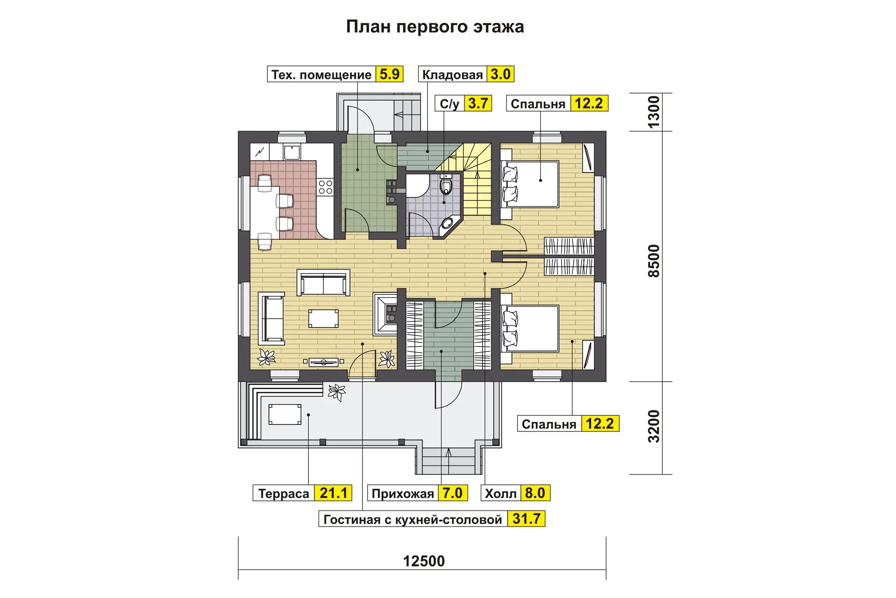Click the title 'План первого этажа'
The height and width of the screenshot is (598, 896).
[435, 27]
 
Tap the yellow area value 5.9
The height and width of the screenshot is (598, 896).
[390, 74]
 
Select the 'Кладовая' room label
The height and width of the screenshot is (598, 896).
[452, 75]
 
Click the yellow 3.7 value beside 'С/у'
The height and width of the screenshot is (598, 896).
[478, 103]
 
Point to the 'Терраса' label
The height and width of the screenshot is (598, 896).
[284, 494]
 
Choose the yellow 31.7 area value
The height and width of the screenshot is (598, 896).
[526, 519]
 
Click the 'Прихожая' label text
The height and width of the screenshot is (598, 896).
[403, 494]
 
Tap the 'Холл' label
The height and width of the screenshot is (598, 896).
[501, 494]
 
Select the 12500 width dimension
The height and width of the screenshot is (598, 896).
[424, 561]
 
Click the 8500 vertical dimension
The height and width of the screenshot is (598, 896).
[654, 261]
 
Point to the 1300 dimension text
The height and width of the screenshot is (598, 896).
[654, 112]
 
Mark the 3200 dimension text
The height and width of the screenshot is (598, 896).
[654, 427]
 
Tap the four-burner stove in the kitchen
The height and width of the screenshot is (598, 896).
[325, 187]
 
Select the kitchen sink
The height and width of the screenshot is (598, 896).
[292, 152]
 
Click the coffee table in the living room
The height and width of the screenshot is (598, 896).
[323, 318]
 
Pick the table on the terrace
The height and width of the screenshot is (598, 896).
[285, 414]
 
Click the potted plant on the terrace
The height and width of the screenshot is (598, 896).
[336, 392]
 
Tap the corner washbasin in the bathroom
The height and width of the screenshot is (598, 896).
[448, 223]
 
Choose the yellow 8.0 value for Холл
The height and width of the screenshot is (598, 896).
[535, 493]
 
